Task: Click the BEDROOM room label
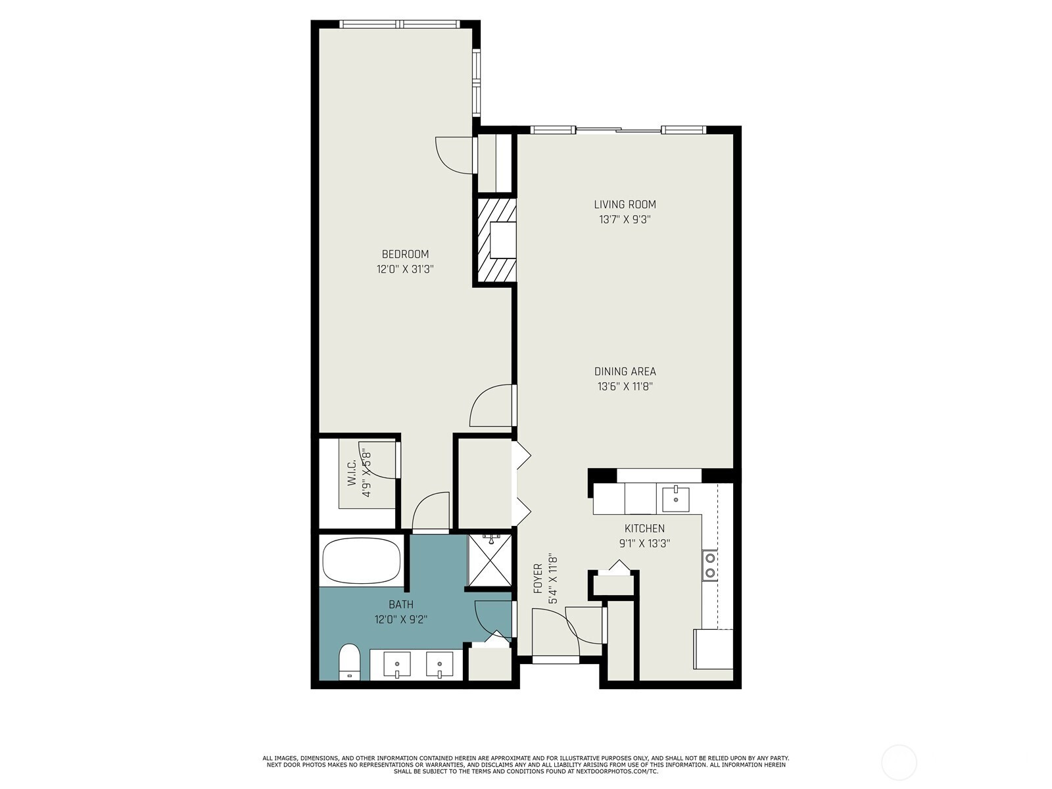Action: click(405, 254)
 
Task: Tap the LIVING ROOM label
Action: click(625, 204)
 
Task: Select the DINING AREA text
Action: click(625, 371)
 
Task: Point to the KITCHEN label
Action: click(644, 529)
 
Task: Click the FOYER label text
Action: click(538, 579)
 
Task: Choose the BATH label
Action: click(401, 604)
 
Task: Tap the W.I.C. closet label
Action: click(352, 473)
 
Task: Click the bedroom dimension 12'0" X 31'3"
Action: click(405, 269)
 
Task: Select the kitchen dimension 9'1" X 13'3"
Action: click(644, 543)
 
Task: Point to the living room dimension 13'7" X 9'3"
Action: click(625, 220)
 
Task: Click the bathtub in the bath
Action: click(362, 560)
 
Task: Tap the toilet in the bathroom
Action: click(350, 663)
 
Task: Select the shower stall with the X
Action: click(489, 560)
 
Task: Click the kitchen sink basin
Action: click(676, 500)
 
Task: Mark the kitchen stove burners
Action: click(710, 565)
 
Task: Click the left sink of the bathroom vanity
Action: click(397, 665)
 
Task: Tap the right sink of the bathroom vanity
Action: click(439, 665)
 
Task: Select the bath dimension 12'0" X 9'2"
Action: click(401, 620)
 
